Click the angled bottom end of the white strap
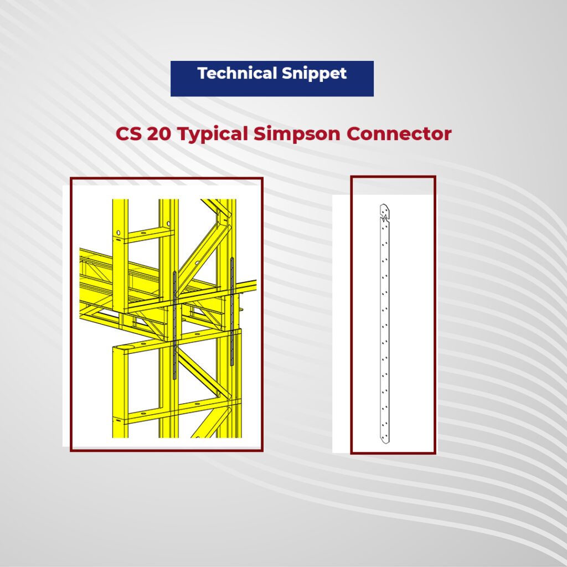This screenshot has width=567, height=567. tap(383, 439)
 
